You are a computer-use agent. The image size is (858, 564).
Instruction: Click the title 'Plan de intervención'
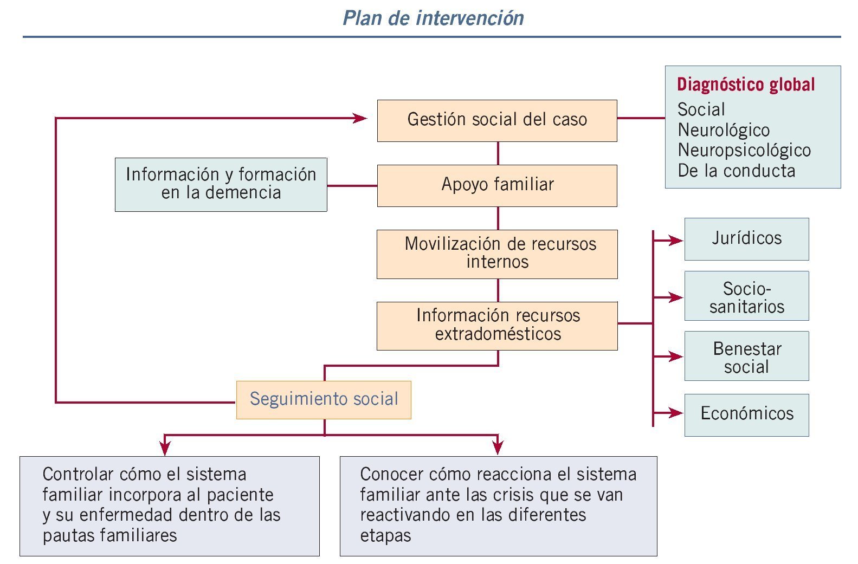(x=433, y=18)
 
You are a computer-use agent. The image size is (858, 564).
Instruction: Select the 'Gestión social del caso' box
(x=497, y=120)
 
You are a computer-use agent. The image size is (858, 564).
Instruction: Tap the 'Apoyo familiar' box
(x=497, y=185)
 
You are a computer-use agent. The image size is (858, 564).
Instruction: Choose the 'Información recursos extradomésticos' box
(x=497, y=326)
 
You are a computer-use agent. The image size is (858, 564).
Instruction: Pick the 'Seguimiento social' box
(x=324, y=400)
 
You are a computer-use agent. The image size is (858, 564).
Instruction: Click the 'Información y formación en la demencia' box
(x=221, y=184)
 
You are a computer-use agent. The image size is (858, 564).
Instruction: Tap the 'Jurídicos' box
(x=746, y=239)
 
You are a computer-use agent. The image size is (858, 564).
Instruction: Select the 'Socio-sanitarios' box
(x=746, y=296)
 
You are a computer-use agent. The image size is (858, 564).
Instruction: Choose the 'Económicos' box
(x=746, y=414)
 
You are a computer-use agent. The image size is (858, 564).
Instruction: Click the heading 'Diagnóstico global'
(x=746, y=85)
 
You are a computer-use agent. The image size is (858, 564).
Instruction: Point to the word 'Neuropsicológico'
(x=744, y=150)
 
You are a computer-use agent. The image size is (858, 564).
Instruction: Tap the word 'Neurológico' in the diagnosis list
(x=724, y=130)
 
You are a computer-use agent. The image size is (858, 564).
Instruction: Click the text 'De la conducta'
(x=736, y=171)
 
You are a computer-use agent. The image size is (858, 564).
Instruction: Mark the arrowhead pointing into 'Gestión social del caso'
(x=360, y=118)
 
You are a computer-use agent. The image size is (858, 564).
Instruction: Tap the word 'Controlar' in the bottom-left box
(x=78, y=475)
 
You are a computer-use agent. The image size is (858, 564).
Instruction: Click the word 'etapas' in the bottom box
(x=385, y=536)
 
